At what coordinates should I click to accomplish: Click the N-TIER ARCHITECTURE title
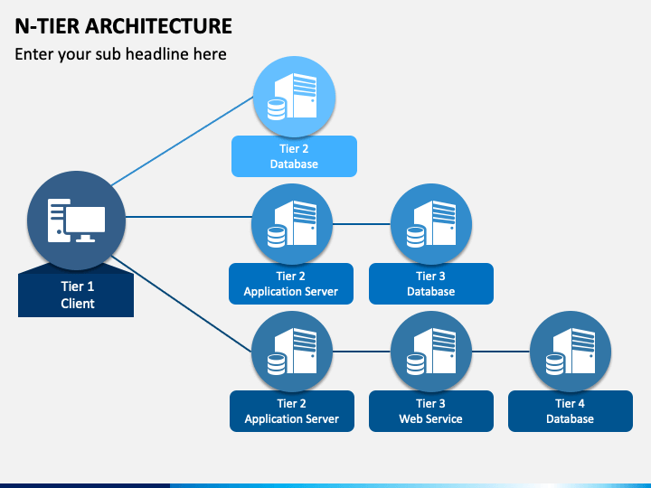[x=123, y=26]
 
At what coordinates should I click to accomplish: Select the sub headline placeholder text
[x=120, y=54]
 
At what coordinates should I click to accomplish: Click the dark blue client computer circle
[x=76, y=221]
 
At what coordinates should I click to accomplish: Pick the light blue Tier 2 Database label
[x=294, y=156]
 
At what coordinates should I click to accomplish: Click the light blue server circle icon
[x=295, y=97]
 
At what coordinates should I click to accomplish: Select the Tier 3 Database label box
[x=431, y=284]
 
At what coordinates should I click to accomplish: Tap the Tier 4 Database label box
[x=570, y=411]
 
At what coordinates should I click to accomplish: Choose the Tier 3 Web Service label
[x=431, y=411]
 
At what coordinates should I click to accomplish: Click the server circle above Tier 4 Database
[x=571, y=352]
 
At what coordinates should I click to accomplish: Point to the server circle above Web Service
[x=431, y=352]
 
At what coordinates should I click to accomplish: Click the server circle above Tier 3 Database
[x=431, y=224]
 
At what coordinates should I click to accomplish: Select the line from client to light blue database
[x=183, y=141]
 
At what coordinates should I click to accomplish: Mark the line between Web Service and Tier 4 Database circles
[x=501, y=352]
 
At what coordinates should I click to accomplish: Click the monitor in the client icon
[x=85, y=224]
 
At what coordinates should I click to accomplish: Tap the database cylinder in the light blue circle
[x=276, y=109]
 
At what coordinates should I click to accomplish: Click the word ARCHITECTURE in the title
[x=158, y=26]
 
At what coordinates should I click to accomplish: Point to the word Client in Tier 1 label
[x=78, y=304]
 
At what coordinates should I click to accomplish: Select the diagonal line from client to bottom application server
[x=182, y=305]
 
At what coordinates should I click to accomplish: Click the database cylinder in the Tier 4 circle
[x=554, y=364]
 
